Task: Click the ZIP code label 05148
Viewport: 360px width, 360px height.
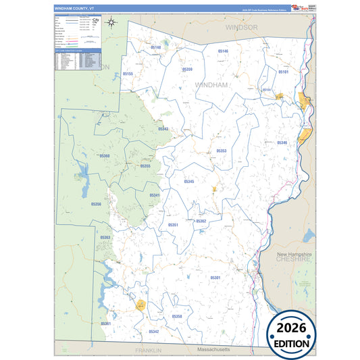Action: click(156, 47)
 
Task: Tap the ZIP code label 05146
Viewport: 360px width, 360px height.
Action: click(223, 51)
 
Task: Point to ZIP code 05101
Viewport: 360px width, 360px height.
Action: click(283, 72)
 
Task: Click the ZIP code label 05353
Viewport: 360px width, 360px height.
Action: click(221, 151)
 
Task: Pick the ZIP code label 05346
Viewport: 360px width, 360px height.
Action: click(282, 143)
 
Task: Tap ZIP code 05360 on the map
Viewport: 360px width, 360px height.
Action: click(105, 156)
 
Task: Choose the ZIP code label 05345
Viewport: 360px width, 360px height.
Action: click(189, 182)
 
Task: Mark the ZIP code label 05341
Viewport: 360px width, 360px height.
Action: click(155, 195)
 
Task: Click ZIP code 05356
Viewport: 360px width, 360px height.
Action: click(96, 203)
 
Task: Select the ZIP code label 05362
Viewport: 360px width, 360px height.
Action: click(201, 222)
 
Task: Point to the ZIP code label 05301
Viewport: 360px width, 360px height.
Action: click(215, 278)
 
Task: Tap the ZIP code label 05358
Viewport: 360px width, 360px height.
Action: click(177, 316)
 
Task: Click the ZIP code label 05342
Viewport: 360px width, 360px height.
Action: click(154, 332)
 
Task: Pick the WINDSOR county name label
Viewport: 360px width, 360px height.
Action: click(242, 28)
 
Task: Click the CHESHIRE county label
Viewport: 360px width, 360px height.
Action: click(293, 258)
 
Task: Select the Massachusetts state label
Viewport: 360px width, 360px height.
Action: click(213, 350)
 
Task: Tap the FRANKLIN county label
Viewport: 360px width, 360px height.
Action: click(148, 351)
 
